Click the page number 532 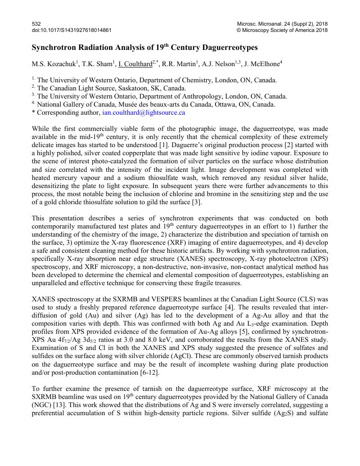click(x=36, y=23)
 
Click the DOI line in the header click(x=72, y=30)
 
